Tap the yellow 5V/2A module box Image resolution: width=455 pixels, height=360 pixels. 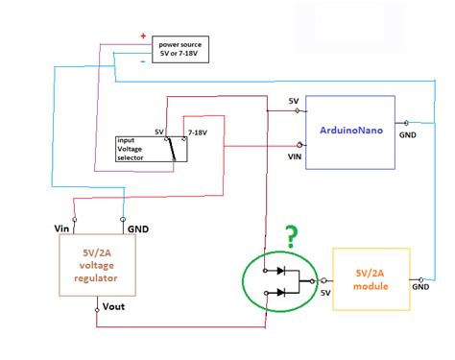(x=371, y=278)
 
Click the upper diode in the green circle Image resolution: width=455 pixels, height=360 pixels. (x=280, y=271)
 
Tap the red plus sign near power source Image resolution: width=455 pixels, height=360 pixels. (x=144, y=36)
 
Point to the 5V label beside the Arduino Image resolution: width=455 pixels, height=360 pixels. (x=294, y=101)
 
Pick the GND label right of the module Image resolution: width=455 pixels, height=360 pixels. (x=420, y=286)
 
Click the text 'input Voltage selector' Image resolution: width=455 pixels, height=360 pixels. (x=134, y=151)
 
